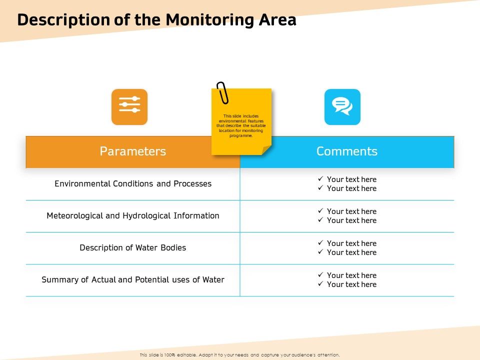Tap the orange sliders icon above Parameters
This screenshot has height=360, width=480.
coord(129,106)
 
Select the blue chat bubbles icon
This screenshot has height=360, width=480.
coord(342,106)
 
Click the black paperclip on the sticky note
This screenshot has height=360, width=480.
coord(222,93)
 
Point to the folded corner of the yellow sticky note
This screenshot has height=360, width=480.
coord(266,149)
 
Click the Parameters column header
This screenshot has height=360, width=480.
coord(132,151)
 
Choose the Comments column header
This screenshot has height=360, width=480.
coord(346,151)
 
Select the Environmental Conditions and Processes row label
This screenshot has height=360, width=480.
coord(132,184)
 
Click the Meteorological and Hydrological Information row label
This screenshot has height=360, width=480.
coord(132,216)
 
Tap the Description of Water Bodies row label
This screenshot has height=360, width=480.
coord(132,248)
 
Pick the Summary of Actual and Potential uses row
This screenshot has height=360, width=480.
coord(132,280)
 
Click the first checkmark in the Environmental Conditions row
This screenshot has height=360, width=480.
coord(320,179)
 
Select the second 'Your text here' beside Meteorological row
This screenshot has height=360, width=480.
coord(351,220)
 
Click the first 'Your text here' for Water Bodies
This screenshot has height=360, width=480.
coord(351,243)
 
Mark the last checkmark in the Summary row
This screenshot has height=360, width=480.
coord(320,284)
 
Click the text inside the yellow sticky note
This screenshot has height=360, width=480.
coord(241,125)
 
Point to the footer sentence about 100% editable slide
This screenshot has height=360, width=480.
coord(239,354)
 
